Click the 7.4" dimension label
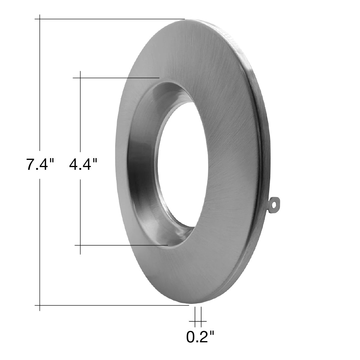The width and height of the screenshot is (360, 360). pos(40,165)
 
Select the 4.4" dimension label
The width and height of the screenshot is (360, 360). pos(83,165)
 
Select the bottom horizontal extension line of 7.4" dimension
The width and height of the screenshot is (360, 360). pos(112,305)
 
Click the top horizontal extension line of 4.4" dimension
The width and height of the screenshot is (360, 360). pos(116,78)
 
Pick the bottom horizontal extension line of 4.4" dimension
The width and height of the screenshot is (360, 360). pos(121,245)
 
